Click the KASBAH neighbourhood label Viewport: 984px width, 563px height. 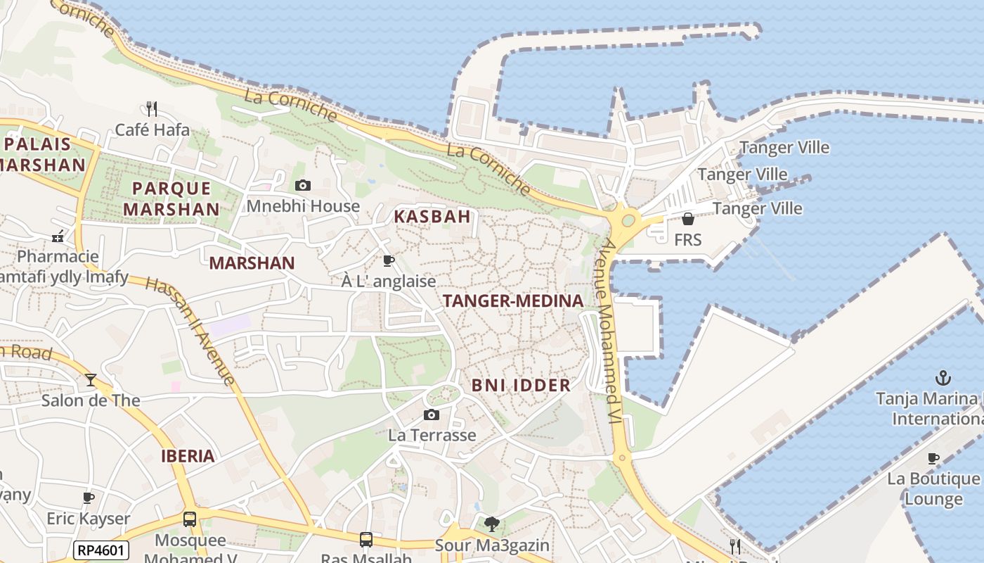(x=432, y=217)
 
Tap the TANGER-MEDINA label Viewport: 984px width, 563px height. (x=513, y=301)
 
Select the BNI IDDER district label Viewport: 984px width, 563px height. (x=521, y=385)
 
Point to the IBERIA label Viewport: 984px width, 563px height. (x=188, y=456)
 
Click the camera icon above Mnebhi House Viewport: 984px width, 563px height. (x=303, y=186)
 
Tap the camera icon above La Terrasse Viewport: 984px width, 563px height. (x=432, y=415)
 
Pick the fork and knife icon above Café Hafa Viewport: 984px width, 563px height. (x=152, y=108)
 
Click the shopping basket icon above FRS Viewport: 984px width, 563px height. (x=688, y=219)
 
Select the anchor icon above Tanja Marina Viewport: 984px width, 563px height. (x=943, y=378)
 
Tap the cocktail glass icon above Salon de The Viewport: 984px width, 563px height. (x=91, y=380)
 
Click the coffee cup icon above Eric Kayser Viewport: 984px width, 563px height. (x=89, y=498)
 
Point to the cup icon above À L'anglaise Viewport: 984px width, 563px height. (x=388, y=261)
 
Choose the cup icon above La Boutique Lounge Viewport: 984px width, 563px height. (x=933, y=459)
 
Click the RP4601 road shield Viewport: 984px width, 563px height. (x=101, y=550)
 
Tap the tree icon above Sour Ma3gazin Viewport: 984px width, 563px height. (x=492, y=524)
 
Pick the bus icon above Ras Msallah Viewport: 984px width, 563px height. (x=366, y=540)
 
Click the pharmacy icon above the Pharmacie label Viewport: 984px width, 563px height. (x=58, y=236)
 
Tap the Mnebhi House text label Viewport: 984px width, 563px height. (x=303, y=206)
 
